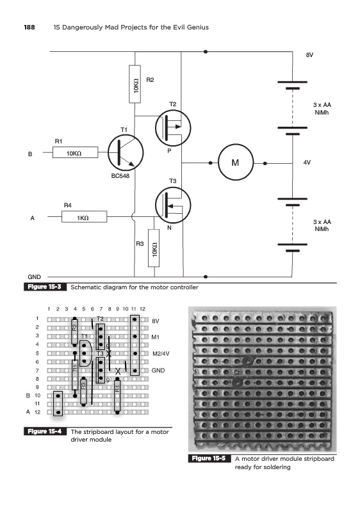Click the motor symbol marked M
pyautogui.click(x=236, y=163)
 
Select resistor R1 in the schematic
pyautogui.click(x=75, y=152)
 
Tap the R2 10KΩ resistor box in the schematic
pyautogui.click(x=135, y=84)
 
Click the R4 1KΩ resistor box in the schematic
pyautogui.click(x=85, y=217)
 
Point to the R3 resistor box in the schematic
pyautogui.click(x=154, y=248)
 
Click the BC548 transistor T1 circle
pyautogui.click(x=126, y=153)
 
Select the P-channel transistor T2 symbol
pyautogui.click(x=173, y=127)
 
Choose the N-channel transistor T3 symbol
pyautogui.click(x=173, y=205)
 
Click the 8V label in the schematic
pyautogui.click(x=309, y=55)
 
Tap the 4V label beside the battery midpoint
pyautogui.click(x=307, y=163)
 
